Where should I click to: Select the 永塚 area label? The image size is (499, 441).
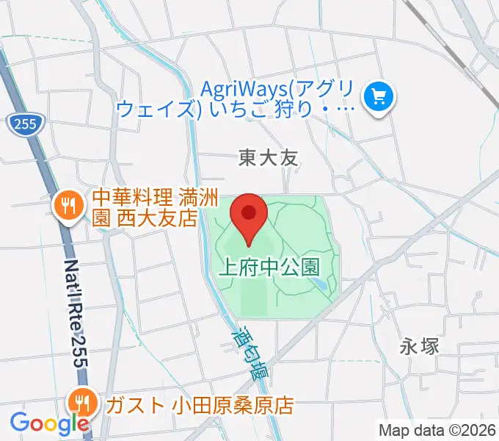[420, 345]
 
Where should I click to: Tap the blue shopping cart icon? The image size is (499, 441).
[379, 96]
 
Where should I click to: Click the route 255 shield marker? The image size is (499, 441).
[23, 125]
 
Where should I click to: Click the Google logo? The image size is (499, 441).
[48, 423]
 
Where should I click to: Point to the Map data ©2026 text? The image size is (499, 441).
[437, 430]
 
